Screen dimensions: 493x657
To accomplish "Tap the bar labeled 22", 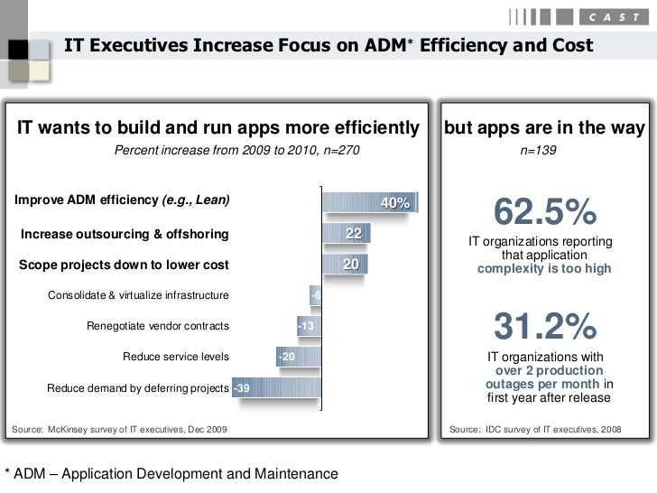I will tap(345, 235).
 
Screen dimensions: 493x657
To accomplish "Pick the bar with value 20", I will tap(343, 265).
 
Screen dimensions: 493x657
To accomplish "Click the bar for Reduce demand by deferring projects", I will tap(276, 388).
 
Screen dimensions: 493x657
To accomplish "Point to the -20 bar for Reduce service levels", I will tap(298, 358).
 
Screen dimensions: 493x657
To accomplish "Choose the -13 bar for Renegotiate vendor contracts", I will tap(309, 326).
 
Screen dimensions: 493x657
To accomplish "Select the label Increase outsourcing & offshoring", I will tap(125, 235).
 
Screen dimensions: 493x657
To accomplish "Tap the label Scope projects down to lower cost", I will tap(124, 265).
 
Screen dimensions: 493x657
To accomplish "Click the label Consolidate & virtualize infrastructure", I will tap(138, 295).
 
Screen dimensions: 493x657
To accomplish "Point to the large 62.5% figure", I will tap(544, 213).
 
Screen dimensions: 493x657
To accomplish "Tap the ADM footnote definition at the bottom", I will tap(171, 474).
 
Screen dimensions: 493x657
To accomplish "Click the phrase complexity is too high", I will tap(544, 269).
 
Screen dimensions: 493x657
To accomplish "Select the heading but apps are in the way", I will tap(544, 128).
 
